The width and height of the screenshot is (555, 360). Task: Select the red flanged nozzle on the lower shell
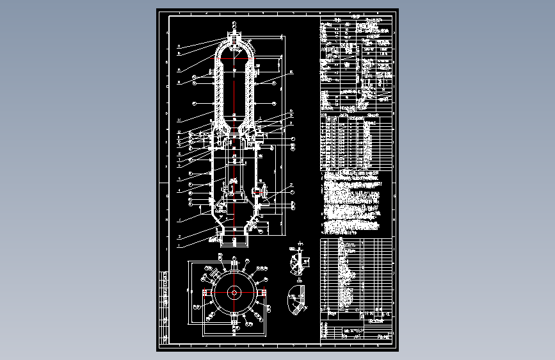pos(258,192)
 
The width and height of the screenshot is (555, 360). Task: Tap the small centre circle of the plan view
pos(234,293)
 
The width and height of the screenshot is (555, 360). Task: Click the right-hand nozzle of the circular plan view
pos(264,293)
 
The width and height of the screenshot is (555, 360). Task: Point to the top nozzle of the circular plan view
pos(234,264)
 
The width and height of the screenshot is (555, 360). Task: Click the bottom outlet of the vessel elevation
pos(234,242)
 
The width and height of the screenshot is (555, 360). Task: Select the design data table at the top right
pos(355,64)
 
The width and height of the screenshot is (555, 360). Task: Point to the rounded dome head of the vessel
pos(234,51)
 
